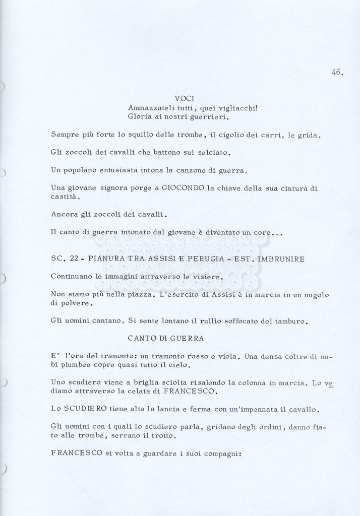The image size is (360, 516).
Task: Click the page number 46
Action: pyautogui.click(x=337, y=73)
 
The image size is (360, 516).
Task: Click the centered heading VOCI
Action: pyautogui.click(x=185, y=98)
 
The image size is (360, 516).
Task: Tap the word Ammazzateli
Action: pyautogui.click(x=150, y=107)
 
